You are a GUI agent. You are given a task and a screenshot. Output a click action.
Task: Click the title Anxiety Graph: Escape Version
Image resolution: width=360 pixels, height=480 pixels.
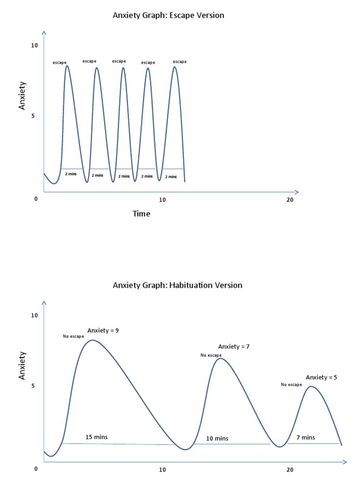tap(168, 15)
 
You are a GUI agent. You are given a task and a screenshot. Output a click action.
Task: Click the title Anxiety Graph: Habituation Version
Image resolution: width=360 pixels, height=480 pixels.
tap(178, 285)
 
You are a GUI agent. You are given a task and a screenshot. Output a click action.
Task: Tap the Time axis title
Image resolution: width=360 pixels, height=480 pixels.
tap(141, 214)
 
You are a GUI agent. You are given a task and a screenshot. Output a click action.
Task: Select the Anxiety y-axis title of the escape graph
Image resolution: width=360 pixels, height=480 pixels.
tap(22, 96)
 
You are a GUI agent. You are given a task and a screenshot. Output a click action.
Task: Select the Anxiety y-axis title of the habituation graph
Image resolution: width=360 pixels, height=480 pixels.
tap(22, 366)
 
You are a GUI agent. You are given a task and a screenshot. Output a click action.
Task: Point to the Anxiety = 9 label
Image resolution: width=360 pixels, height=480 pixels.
tap(103, 330)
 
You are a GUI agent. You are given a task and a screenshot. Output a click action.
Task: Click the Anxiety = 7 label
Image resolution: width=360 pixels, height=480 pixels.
tap(234, 347)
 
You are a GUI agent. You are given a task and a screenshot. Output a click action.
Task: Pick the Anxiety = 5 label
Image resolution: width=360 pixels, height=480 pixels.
tap(321, 377)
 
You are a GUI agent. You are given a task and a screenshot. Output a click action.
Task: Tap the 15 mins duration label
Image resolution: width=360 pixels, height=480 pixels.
tap(96, 437)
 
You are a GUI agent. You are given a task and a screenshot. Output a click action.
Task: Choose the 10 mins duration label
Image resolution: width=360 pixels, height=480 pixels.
tap(217, 439)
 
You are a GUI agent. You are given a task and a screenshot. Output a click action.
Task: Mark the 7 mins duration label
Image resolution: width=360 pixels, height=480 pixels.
tap(306, 437)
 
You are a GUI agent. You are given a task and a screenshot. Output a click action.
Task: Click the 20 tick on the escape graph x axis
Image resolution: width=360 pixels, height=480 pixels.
tap(290, 200)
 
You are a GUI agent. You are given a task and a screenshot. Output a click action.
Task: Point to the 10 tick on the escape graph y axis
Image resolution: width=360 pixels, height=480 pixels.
tap(34, 45)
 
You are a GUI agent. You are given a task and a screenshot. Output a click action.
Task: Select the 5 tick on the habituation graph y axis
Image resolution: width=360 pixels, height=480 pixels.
tap(33, 386)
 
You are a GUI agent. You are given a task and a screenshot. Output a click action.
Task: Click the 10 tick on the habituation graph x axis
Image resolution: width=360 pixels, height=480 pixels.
tap(162, 470)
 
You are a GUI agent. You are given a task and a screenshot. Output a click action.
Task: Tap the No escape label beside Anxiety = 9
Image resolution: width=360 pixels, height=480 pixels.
tap(74, 337)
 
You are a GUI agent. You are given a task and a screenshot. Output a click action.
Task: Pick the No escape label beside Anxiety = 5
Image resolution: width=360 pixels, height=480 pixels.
tap(292, 385)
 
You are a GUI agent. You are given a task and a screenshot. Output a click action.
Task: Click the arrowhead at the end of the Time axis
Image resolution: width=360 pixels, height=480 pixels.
tap(296, 192)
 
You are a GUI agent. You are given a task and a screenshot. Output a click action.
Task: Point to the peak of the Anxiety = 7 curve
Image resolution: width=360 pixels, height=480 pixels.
tap(220, 359)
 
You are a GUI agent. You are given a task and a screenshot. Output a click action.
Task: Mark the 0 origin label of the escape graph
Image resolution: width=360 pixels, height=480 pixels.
tap(36, 199)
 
